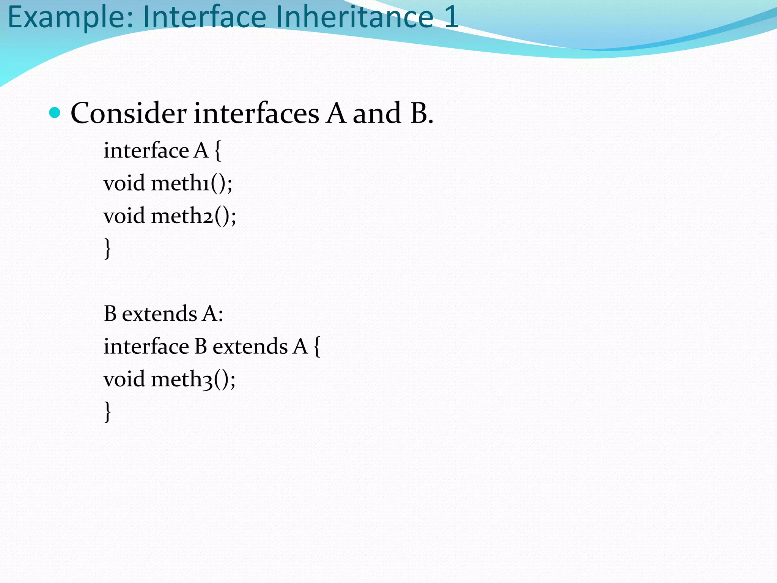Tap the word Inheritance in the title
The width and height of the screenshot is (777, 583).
coord(355,17)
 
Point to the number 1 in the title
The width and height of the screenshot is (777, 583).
coord(451,17)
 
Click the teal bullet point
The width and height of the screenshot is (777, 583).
coord(55,113)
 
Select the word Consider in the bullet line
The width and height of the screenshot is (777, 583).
coord(128,113)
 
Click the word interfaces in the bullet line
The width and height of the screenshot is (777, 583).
coord(256,113)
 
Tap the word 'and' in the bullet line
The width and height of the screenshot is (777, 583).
coord(377,113)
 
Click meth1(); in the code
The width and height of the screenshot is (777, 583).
coord(192,183)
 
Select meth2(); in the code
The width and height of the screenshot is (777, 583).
coord(193,216)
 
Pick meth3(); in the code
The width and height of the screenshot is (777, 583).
coord(193,379)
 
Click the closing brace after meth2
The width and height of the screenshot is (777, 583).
coord(108,249)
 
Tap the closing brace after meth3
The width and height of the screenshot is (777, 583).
coord(108,412)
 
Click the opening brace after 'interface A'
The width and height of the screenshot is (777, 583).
coord(217,150)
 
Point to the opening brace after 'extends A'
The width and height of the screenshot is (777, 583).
coord(317,346)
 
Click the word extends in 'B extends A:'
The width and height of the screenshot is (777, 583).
coord(159,314)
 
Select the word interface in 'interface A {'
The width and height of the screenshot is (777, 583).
coord(146,150)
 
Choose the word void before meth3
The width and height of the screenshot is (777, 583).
coord(124,379)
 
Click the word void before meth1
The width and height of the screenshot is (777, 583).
coord(124,183)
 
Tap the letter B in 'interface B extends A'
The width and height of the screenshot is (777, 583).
coord(201,346)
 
